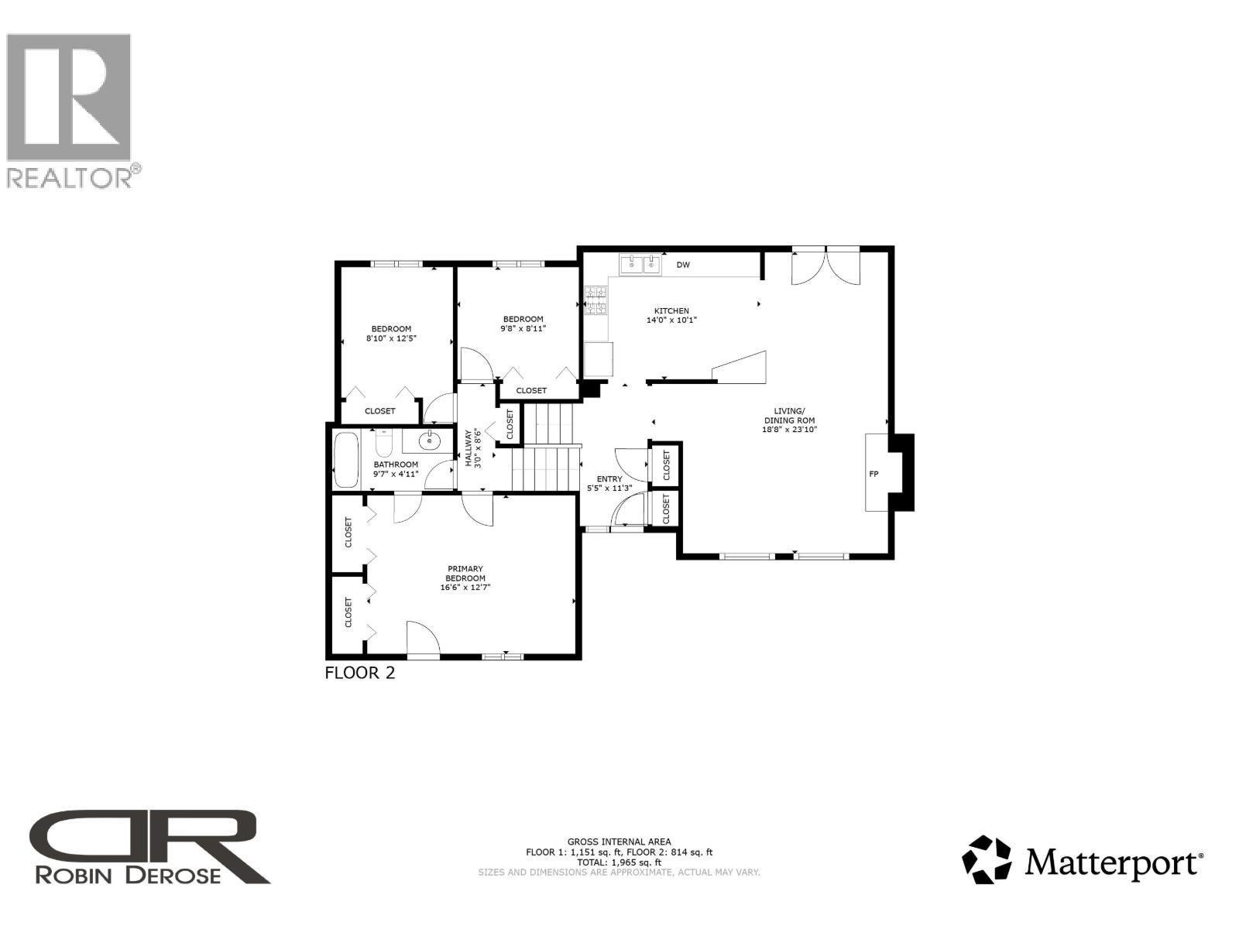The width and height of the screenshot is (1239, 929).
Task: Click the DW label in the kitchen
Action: point(683,265)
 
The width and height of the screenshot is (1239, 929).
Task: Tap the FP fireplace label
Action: point(873,474)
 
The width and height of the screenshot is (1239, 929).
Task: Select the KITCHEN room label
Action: point(671,311)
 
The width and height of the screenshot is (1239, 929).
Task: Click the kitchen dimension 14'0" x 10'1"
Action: point(671,321)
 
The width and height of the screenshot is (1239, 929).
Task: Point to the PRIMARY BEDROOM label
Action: point(465,574)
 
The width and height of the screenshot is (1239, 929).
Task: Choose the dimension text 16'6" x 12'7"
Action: point(465,588)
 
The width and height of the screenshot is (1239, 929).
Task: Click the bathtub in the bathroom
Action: point(346,460)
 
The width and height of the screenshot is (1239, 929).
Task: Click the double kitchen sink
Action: point(641,265)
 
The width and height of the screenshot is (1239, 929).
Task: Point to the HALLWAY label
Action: point(468,448)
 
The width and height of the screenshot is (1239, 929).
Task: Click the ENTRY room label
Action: point(609,479)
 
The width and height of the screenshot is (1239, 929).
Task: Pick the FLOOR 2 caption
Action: point(360,673)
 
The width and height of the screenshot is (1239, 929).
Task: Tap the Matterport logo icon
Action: point(987,859)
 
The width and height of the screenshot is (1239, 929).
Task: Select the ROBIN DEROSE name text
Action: point(129,874)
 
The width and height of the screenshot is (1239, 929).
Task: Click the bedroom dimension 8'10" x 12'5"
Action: point(391,338)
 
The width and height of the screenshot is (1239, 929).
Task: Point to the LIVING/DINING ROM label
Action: point(790,416)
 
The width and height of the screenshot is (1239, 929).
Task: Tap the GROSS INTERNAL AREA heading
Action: point(619,842)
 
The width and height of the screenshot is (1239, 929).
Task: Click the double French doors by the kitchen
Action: point(825,266)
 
